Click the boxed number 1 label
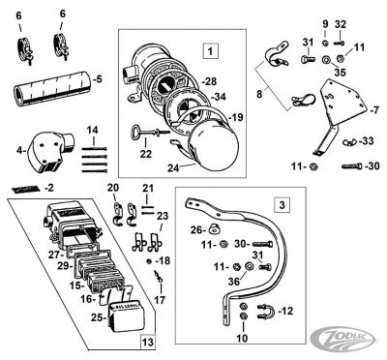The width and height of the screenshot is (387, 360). [x=209, y=47]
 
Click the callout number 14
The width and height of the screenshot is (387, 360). [x=94, y=129]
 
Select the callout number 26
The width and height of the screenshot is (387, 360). [x=197, y=230]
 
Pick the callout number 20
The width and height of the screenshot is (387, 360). [x=112, y=187]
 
